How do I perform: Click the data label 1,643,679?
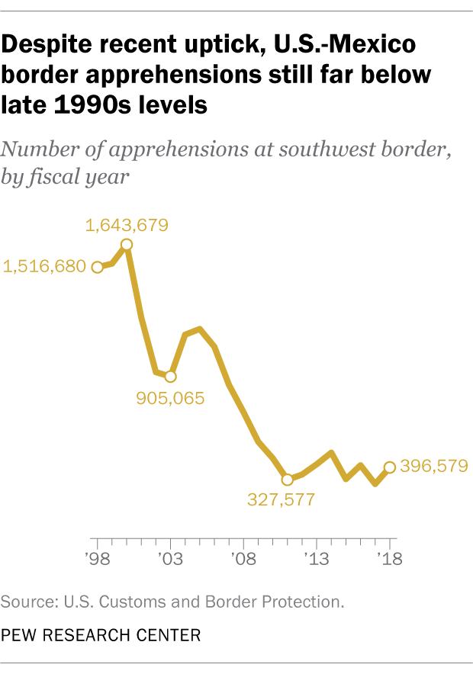tap(127, 225)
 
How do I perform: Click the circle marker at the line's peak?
tap(127, 245)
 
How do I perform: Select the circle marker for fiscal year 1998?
tap(97, 267)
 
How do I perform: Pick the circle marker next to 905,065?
tap(170, 377)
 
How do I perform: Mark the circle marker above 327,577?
tap(287, 480)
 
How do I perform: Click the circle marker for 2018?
tap(390, 467)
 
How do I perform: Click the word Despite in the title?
tap(48, 45)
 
